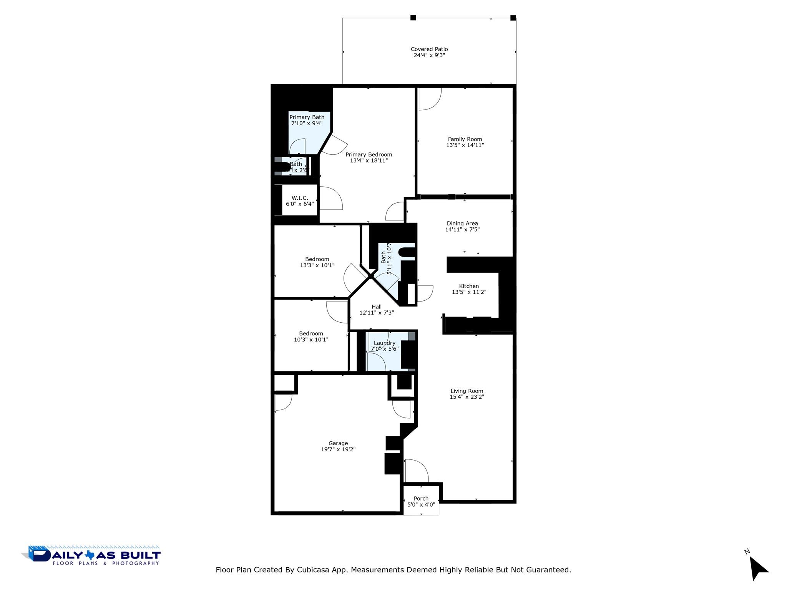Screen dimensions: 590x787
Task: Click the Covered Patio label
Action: coord(429,49)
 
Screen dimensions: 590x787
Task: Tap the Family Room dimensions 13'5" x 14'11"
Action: coord(465,145)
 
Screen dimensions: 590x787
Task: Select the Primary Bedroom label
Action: coord(369,154)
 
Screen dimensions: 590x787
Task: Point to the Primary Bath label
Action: coord(307,117)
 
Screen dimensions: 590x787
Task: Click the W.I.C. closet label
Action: coord(300,198)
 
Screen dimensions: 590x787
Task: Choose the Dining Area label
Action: coord(462,224)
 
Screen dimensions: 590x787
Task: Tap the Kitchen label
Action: coord(469,286)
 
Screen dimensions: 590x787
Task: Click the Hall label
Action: coord(377,307)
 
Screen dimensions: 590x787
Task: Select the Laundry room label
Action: coord(384,343)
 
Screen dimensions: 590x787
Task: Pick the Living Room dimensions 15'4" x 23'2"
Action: coord(467,397)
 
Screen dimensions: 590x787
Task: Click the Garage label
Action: coord(338,443)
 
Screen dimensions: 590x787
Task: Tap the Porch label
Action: coord(421,499)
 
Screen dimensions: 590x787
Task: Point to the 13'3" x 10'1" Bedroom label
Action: coord(317,259)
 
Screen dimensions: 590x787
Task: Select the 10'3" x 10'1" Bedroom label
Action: coord(311,334)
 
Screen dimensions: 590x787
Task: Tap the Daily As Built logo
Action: coord(91,556)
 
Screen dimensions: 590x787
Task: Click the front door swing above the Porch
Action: coord(416,471)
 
